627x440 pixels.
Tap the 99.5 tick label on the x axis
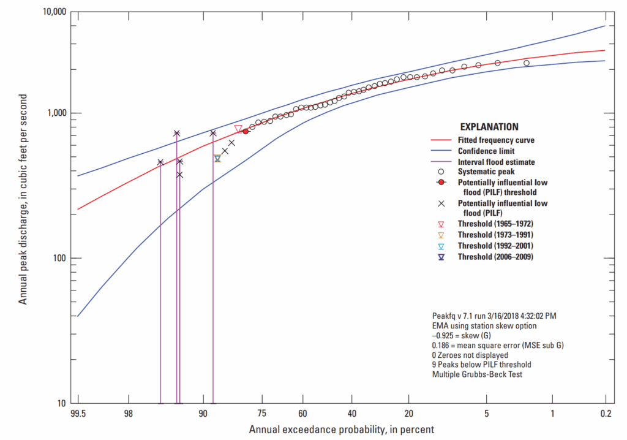pyautogui.click(x=78, y=414)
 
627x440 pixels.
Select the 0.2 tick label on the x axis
pyautogui.click(x=605, y=414)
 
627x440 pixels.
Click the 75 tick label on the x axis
pyautogui.click(x=261, y=414)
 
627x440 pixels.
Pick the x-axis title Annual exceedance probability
pyautogui.click(x=341, y=430)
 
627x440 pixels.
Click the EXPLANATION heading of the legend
pyautogui.click(x=489, y=127)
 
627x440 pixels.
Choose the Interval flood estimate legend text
pyautogui.click(x=497, y=162)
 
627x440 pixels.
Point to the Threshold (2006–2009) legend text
pyautogui.click(x=495, y=257)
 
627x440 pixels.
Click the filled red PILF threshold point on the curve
pyautogui.click(x=246, y=131)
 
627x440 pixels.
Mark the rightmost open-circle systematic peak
pyautogui.click(x=527, y=63)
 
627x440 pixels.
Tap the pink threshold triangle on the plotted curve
pyautogui.click(x=238, y=129)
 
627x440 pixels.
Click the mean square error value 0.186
pyautogui.click(x=442, y=346)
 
